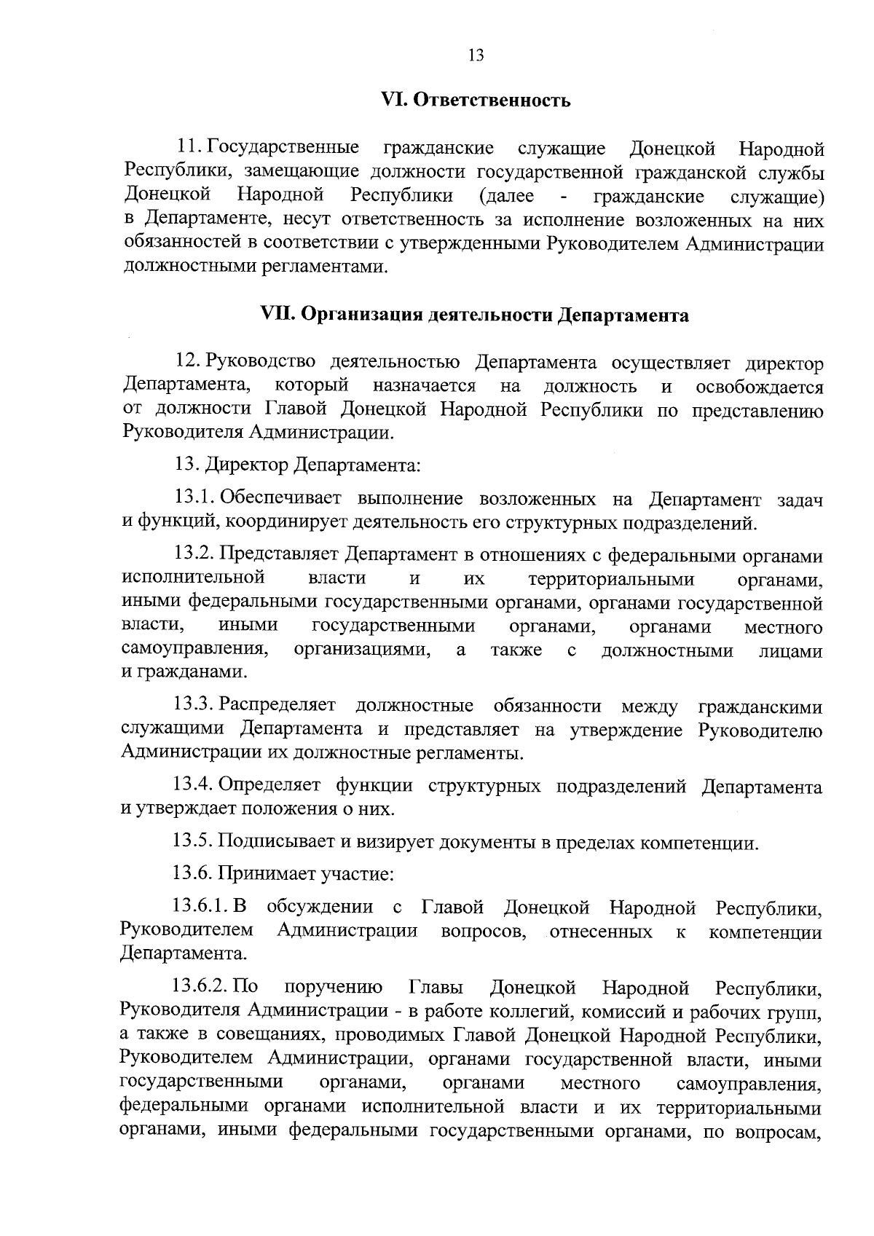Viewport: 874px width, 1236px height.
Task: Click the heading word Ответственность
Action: tap(492, 101)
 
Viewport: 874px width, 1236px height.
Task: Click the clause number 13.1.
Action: tap(194, 499)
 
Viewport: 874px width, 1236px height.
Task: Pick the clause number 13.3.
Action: tap(194, 706)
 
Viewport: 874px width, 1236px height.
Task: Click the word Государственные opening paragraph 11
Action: tap(283, 149)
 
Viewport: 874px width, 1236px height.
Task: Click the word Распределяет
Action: tap(277, 706)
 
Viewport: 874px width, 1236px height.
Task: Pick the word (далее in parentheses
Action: tap(507, 196)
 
